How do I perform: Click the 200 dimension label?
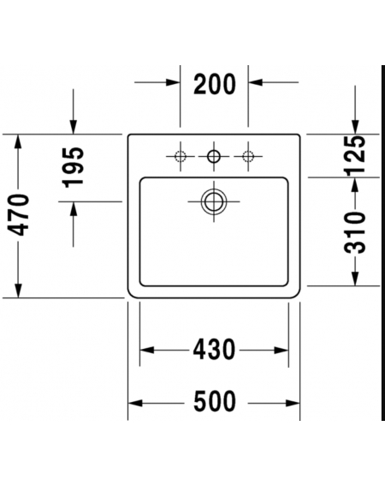(x=215, y=84)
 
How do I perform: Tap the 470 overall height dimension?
(x=18, y=215)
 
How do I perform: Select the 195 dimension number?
(x=74, y=167)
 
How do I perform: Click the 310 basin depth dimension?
(x=355, y=233)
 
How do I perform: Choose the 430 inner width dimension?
(x=214, y=350)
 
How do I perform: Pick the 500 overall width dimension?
(x=215, y=402)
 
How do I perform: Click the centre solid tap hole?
(x=214, y=156)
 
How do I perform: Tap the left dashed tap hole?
(x=181, y=156)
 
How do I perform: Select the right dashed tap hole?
(x=248, y=156)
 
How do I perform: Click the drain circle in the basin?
(x=214, y=201)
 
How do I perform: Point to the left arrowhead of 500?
(x=135, y=403)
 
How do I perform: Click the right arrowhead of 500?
(x=293, y=403)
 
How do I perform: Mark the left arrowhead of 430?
(x=146, y=351)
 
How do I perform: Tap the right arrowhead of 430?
(x=281, y=351)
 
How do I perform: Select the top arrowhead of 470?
(x=18, y=141)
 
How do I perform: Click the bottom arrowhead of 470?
(x=18, y=291)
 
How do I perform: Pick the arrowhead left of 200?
(x=173, y=82)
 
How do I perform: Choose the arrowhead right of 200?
(x=255, y=82)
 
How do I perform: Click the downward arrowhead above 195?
(x=74, y=127)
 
